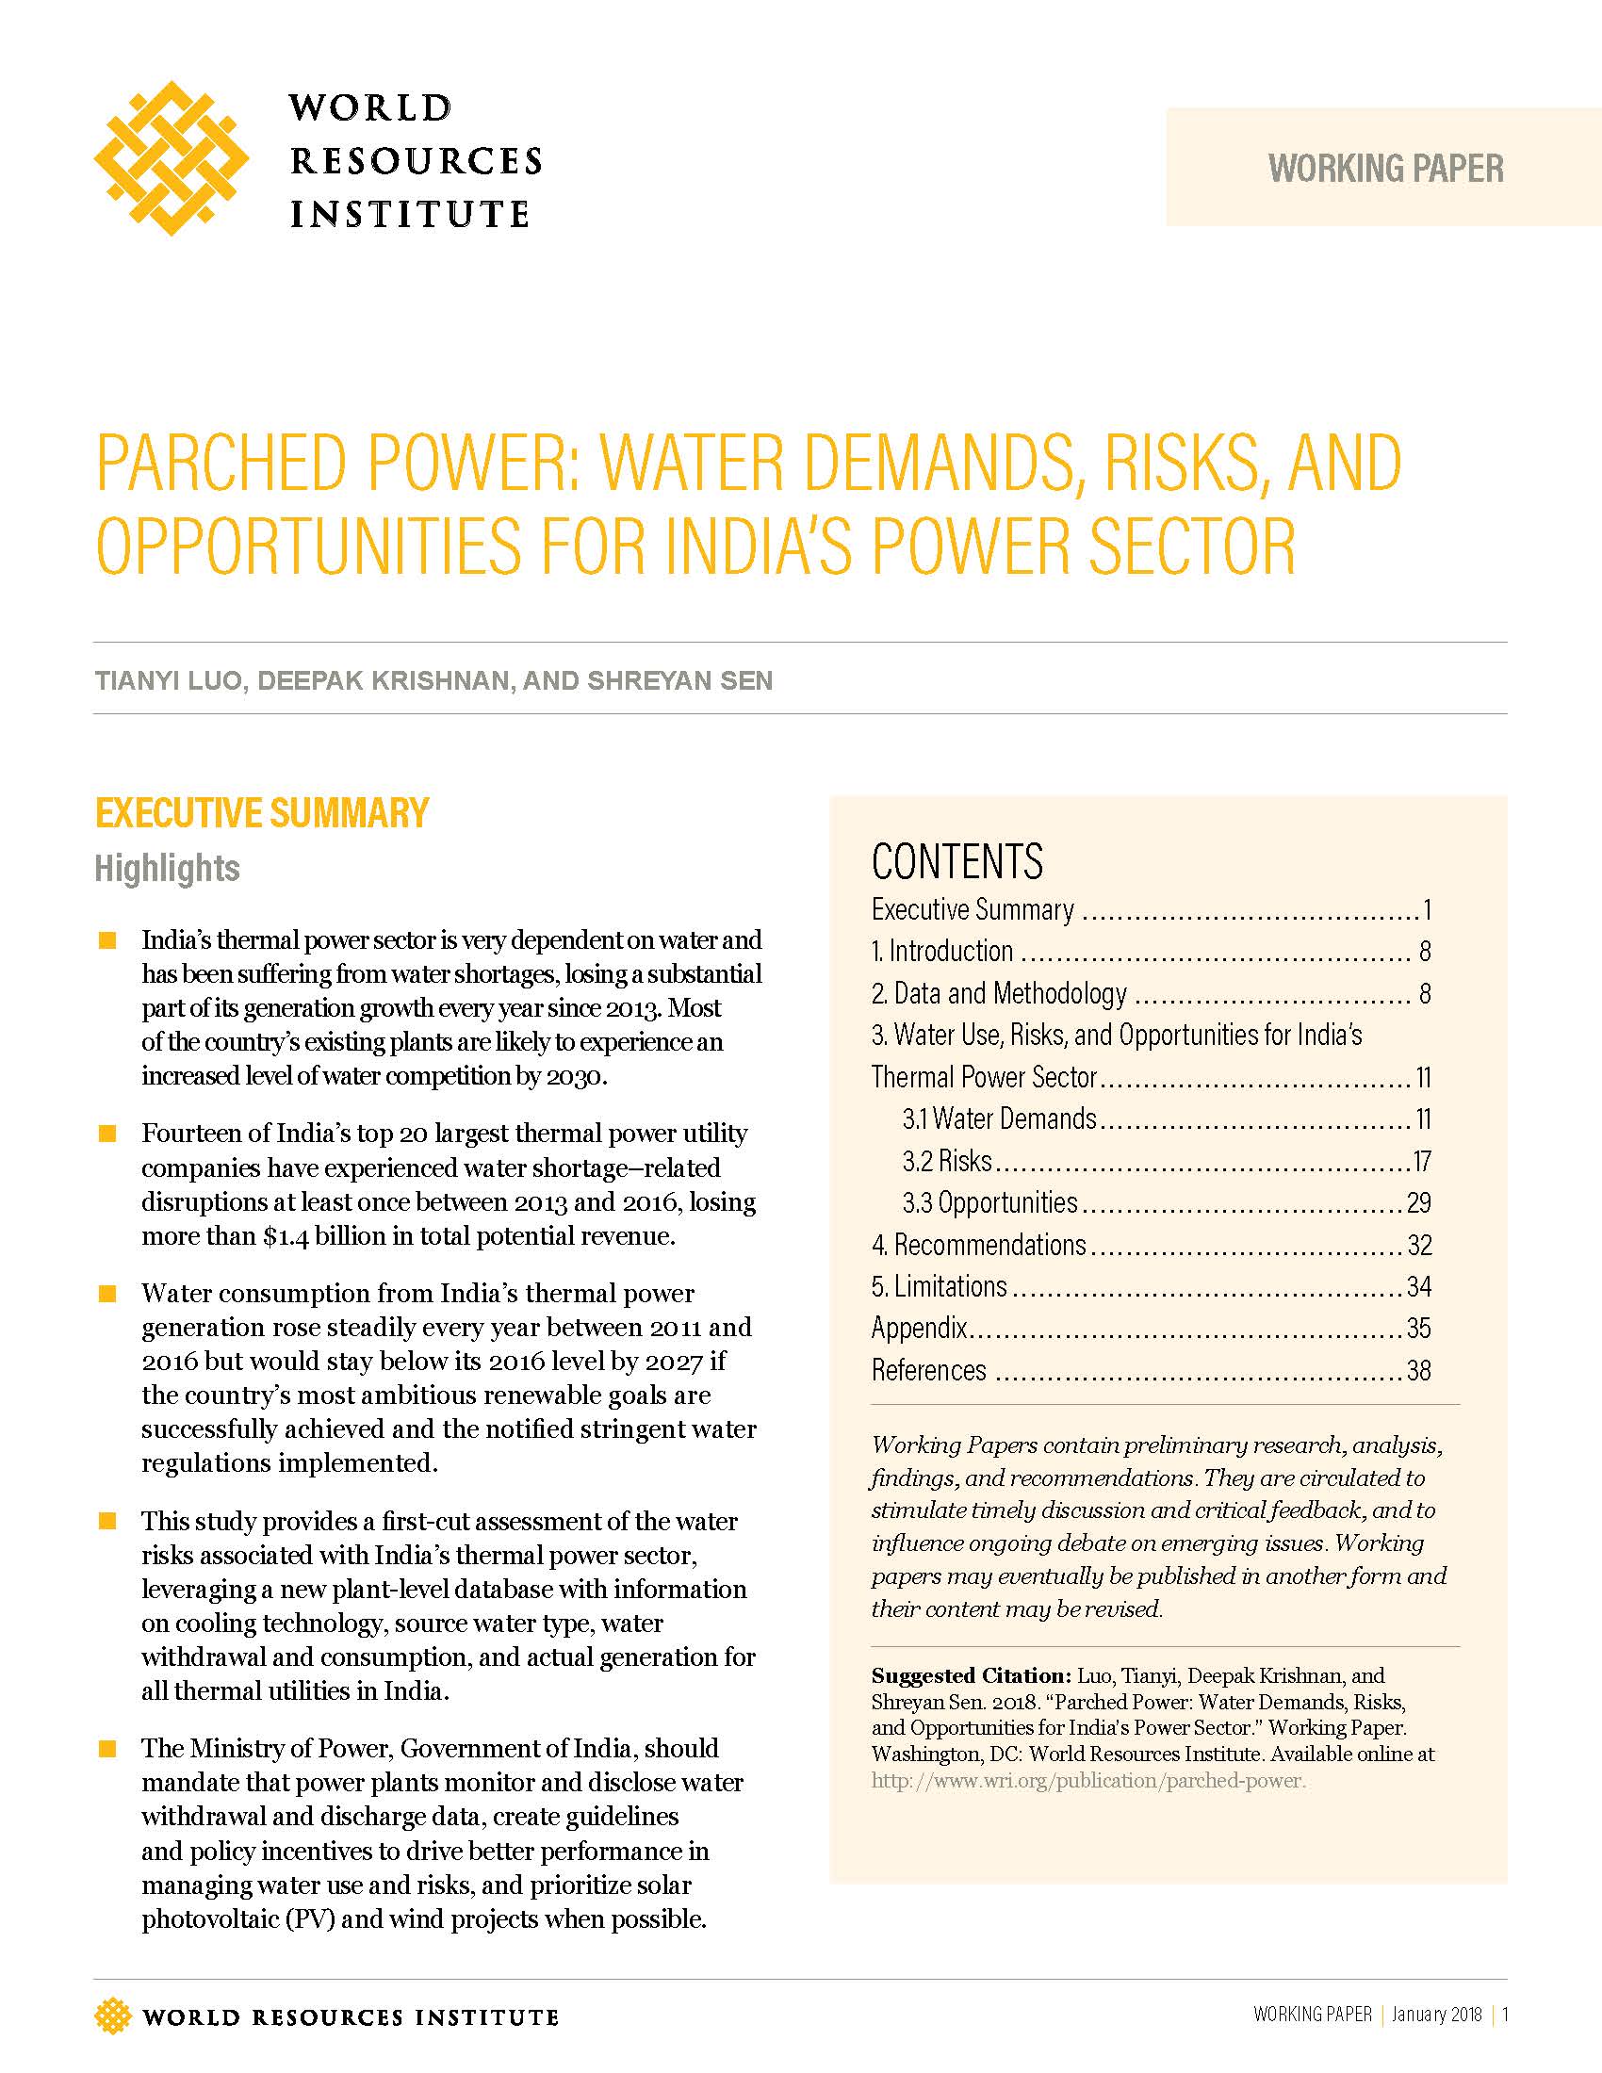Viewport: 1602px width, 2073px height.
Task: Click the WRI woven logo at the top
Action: (171, 158)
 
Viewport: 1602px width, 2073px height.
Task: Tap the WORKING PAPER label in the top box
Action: (1385, 169)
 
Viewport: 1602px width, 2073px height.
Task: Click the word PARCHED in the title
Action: (223, 465)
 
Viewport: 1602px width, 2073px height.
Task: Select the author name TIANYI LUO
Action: (168, 680)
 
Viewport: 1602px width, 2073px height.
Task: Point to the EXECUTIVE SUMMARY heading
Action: (262, 813)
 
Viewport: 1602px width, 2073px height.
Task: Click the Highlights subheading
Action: (167, 869)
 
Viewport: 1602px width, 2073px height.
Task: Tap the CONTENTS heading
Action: (956, 862)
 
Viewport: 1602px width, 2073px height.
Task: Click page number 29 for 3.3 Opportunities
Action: (1418, 1202)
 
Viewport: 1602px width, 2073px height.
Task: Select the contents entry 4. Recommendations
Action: (978, 1245)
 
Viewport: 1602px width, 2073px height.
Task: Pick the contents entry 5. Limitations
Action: (939, 1286)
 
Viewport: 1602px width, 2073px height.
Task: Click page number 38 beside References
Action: (1418, 1370)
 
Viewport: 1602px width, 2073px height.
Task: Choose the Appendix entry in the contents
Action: (919, 1328)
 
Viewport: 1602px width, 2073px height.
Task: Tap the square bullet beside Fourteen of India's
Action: (107, 1134)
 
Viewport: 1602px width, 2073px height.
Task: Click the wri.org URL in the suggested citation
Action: (1088, 1781)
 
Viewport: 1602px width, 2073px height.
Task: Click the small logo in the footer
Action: (112, 2016)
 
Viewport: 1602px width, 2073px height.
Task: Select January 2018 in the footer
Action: (1436, 2015)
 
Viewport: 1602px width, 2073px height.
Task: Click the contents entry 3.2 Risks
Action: (946, 1161)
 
